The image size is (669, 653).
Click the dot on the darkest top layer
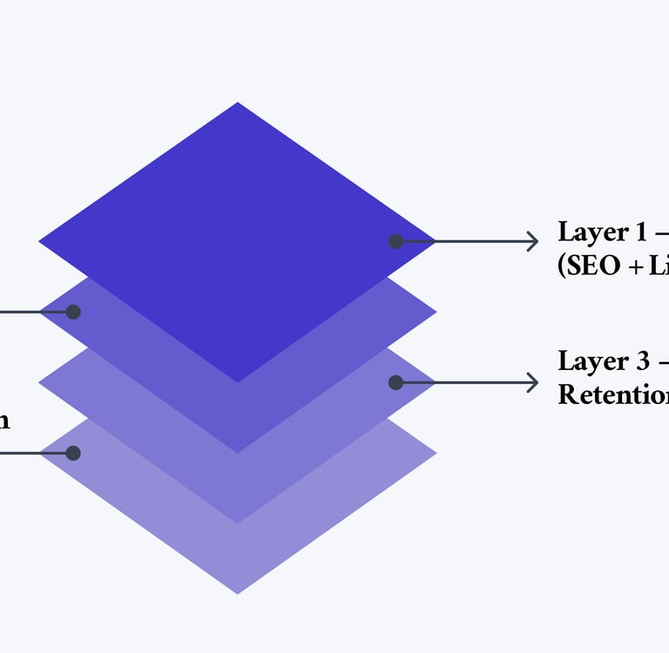(395, 241)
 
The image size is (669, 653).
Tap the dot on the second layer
(73, 312)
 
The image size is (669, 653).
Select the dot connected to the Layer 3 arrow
(395, 382)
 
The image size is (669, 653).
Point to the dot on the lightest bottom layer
(73, 453)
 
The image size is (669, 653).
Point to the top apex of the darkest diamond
(238, 104)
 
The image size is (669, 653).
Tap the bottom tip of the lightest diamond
(238, 593)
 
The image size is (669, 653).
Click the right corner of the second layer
(434, 312)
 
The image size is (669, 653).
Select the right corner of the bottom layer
(434, 453)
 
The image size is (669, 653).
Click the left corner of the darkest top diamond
(41, 241)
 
